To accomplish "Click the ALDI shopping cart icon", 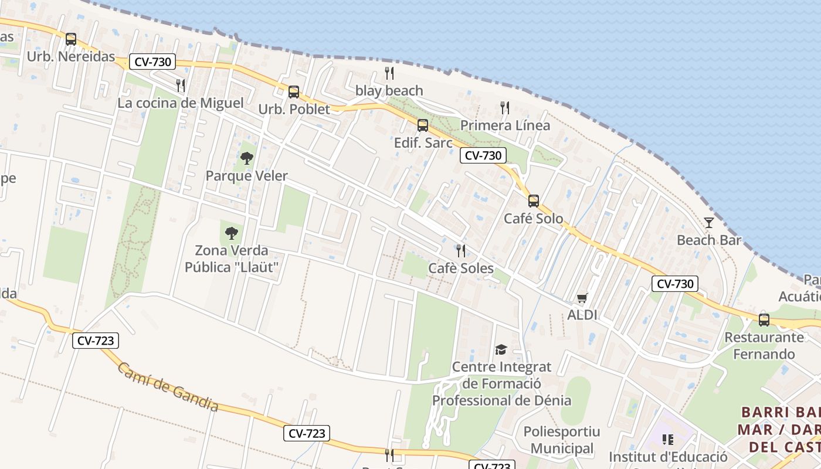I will tap(582, 298).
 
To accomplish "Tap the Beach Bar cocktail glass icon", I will tap(709, 223).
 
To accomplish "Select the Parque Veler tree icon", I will tap(247, 158).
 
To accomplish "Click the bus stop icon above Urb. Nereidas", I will tap(71, 39).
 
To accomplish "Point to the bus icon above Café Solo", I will tap(534, 201).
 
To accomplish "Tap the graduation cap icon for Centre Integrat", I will tap(501, 350).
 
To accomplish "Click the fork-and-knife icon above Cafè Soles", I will tap(461, 251).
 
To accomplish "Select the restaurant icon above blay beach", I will tap(389, 73).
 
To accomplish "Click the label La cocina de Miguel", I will tap(181, 103).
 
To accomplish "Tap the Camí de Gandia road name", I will tap(168, 387).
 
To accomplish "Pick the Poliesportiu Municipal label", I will tap(562, 440).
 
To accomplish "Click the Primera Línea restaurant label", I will tap(505, 125).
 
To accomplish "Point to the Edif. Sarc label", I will tap(423, 143).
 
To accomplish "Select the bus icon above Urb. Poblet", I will tap(294, 92).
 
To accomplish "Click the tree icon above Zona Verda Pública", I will tap(232, 233).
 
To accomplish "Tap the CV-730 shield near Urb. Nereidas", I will tap(152, 62).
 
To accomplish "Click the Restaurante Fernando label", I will tap(764, 345).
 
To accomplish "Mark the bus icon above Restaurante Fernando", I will tap(764, 320).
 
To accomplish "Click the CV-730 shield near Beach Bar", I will tap(675, 284).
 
